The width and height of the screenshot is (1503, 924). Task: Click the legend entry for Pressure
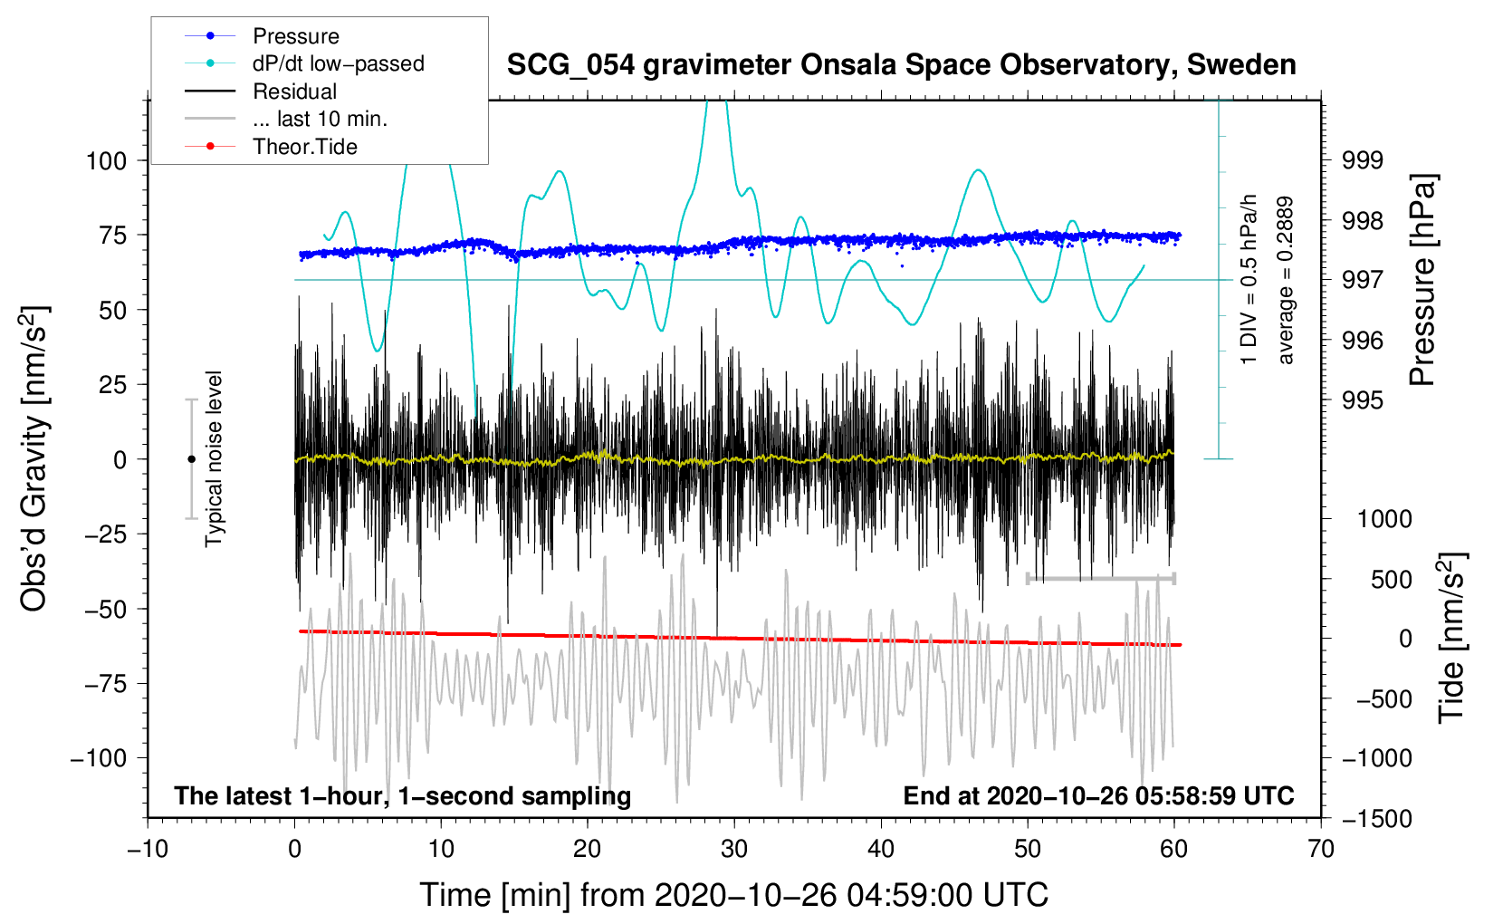coord(295,36)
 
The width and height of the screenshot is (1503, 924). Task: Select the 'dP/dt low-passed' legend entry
coord(338,63)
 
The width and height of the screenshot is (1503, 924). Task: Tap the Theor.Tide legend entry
coord(304,147)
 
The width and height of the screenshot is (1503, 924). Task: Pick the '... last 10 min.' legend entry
coord(320,119)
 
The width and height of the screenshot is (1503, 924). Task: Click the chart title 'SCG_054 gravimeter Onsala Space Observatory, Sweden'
coord(901,65)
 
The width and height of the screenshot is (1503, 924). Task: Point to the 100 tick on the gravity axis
coord(106,161)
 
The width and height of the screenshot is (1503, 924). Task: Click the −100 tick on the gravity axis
coord(99,758)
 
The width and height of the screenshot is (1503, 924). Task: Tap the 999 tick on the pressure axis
coord(1363,161)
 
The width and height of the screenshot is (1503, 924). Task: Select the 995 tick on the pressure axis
coord(1363,400)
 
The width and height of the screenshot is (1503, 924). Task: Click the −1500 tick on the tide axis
coord(1375,819)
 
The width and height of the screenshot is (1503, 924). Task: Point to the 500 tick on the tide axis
coord(1391,580)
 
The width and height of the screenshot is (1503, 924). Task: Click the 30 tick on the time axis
coord(734,850)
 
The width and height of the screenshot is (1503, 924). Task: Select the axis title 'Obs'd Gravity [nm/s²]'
coord(34,459)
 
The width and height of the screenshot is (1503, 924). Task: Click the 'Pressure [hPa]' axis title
coord(1423,281)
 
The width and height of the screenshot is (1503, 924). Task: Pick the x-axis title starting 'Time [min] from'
coord(734,895)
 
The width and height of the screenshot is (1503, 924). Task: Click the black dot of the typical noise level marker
coord(191,459)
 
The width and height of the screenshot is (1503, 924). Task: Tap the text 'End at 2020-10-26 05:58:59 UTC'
coord(1098,796)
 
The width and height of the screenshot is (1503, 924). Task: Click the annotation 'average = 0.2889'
coord(1285,281)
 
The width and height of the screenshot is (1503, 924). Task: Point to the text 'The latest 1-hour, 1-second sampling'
coord(403,796)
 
